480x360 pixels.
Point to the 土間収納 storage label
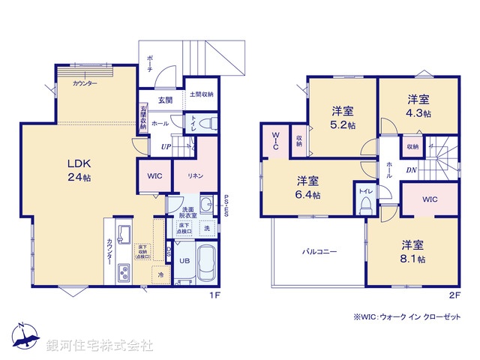coord(201,94)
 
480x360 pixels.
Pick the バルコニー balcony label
coord(319,253)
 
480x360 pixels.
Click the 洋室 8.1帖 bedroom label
coord(412,251)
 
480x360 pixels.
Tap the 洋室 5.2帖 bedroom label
coord(344,118)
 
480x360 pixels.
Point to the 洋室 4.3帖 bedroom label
coord(418,106)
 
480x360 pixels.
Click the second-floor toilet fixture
coord(366,199)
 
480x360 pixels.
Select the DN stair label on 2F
coord(411,170)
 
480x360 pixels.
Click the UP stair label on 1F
coord(165,146)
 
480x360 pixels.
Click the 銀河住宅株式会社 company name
coord(100,346)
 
